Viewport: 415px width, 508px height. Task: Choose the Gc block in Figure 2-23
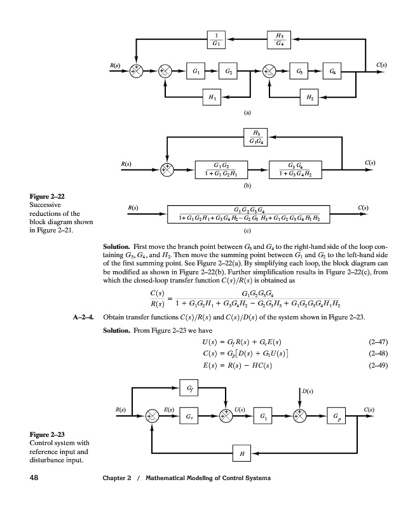click(190, 417)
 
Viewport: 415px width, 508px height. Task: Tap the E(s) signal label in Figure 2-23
click(170, 410)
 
